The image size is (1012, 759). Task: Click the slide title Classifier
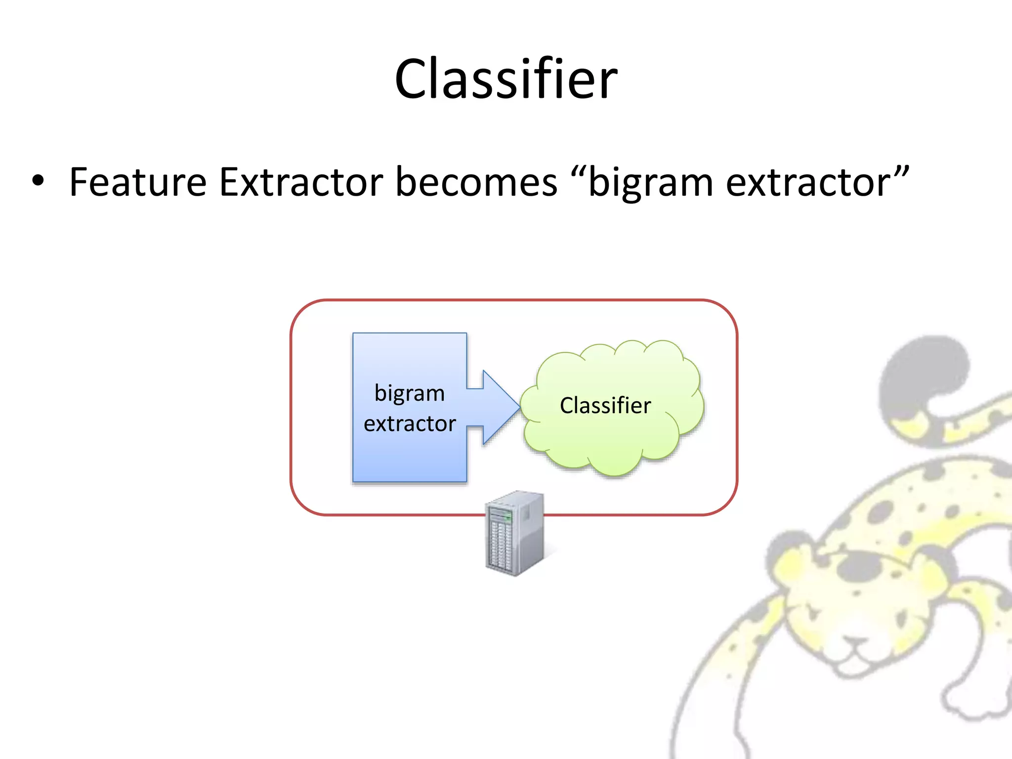[506, 79]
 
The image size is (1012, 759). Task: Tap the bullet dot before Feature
[38, 181]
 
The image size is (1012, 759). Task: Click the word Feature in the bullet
[138, 182]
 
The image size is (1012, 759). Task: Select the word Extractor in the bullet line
[301, 182]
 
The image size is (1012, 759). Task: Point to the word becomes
[476, 182]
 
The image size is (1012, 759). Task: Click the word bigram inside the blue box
[410, 394]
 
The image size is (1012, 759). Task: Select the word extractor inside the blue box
[410, 424]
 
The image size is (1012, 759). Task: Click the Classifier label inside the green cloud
[605, 406]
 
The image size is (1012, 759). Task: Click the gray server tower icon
[515, 534]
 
